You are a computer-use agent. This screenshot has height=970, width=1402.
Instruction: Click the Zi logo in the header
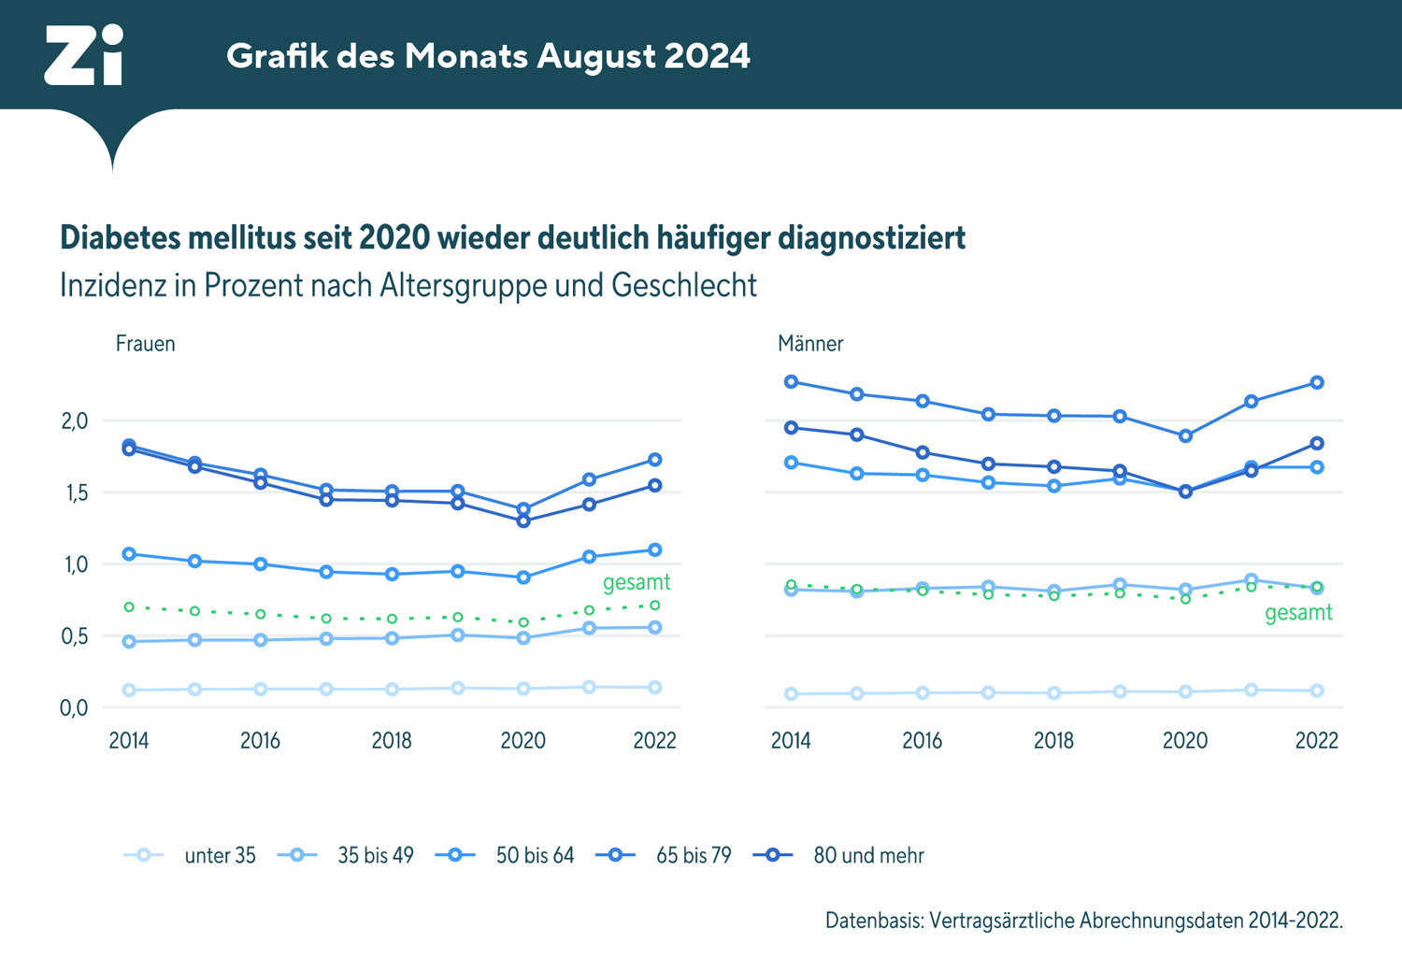click(83, 55)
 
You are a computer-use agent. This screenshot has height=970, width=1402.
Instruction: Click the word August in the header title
click(595, 57)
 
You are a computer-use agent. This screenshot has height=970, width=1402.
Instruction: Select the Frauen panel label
click(145, 344)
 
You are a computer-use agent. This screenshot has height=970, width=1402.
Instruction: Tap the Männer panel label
click(809, 344)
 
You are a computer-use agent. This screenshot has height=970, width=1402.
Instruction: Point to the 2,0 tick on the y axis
click(75, 421)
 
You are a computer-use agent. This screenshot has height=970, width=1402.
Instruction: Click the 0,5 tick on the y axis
click(75, 636)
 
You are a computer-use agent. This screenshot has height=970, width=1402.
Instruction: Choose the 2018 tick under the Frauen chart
click(392, 740)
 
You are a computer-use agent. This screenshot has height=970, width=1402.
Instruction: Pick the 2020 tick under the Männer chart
click(1185, 740)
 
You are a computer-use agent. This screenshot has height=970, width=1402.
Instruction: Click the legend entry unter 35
click(220, 855)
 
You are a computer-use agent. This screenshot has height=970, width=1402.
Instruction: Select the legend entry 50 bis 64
click(535, 855)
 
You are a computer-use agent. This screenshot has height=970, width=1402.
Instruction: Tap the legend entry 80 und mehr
click(868, 855)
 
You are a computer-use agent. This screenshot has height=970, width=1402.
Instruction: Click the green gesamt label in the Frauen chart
click(637, 582)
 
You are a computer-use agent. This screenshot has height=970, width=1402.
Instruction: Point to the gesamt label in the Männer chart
click(1298, 613)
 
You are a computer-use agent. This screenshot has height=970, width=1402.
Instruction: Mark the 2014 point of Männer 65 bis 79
click(791, 381)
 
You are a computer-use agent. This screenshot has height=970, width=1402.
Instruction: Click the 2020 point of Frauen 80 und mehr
click(523, 521)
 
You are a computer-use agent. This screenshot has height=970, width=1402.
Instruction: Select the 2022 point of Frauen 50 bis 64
click(655, 549)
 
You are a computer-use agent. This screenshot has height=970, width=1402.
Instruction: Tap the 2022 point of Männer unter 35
click(1317, 691)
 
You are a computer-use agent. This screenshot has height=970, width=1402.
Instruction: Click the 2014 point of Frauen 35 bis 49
click(129, 641)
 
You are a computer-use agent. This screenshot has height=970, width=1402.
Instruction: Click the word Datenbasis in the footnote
click(873, 920)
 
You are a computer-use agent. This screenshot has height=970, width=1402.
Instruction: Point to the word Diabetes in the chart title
click(121, 238)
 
